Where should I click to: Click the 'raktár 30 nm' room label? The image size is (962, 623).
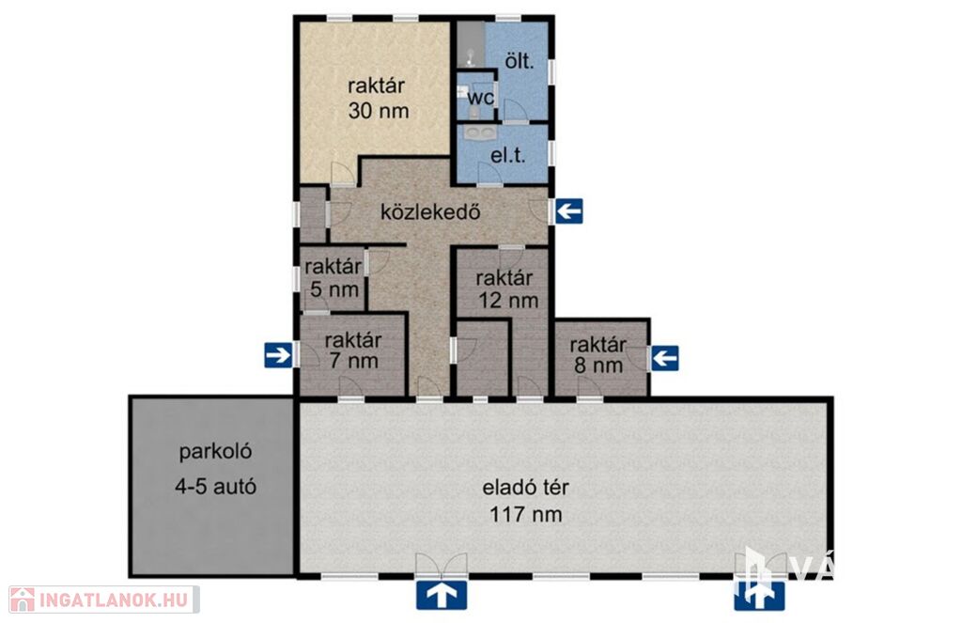(378, 99)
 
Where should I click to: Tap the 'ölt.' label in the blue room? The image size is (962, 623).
(519, 61)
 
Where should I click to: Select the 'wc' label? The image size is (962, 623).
(480, 98)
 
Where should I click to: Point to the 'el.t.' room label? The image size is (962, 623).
(508, 155)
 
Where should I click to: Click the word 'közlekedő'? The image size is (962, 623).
(430, 211)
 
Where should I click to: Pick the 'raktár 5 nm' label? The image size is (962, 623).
(334, 277)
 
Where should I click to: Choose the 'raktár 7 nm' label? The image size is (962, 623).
(353, 350)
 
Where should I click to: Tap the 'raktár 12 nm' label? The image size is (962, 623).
(507, 288)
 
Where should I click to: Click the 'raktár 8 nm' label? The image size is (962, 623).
(598, 355)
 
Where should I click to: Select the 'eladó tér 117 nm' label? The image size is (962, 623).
(526, 501)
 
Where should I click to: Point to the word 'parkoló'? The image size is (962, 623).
(215, 452)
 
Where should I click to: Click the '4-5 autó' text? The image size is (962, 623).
(215, 487)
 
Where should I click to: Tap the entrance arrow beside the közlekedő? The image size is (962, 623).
(568, 211)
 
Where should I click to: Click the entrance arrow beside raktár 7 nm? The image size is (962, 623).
(278, 355)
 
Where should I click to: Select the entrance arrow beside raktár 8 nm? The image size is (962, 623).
(665, 358)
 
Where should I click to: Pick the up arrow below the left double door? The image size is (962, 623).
(442, 596)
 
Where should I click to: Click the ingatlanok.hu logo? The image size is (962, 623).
(103, 600)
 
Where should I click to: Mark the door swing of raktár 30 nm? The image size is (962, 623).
(342, 174)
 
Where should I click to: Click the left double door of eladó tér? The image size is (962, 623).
(442, 565)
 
